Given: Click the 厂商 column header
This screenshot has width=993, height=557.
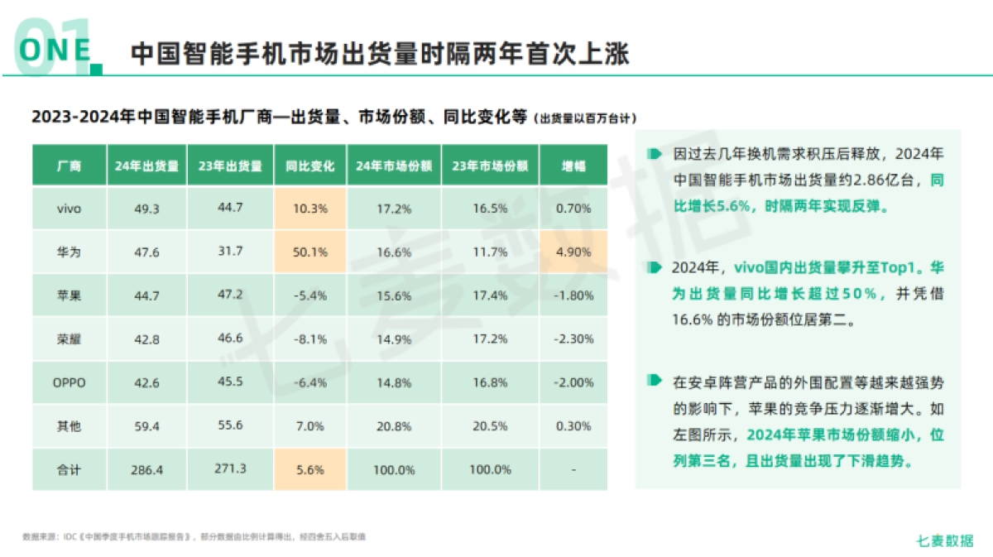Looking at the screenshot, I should [x=69, y=166].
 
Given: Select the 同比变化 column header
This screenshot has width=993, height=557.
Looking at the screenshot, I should [x=310, y=166].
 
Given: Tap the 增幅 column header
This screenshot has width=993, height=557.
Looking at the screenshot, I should [x=573, y=166].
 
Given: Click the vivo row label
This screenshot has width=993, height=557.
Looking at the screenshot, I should [x=69, y=209].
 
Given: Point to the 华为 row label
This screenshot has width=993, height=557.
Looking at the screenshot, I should [x=69, y=252].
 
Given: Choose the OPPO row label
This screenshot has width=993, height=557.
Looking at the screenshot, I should [x=69, y=382].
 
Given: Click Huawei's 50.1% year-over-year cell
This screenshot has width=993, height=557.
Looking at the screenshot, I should [x=310, y=252].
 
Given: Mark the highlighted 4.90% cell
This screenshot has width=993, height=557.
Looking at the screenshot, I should [x=573, y=252].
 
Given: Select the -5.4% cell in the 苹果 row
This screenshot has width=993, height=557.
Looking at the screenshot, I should [x=310, y=295].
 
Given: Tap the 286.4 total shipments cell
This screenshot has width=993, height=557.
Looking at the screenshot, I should [x=146, y=469].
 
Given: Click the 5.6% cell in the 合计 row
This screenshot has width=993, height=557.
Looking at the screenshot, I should [x=310, y=469].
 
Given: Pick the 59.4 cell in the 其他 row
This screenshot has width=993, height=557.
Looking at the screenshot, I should [x=146, y=426].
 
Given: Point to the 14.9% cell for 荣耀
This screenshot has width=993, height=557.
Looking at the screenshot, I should [x=394, y=339].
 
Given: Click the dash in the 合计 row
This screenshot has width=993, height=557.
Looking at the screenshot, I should [x=573, y=469].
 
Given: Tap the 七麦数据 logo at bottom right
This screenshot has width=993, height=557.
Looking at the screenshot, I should [x=945, y=540].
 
